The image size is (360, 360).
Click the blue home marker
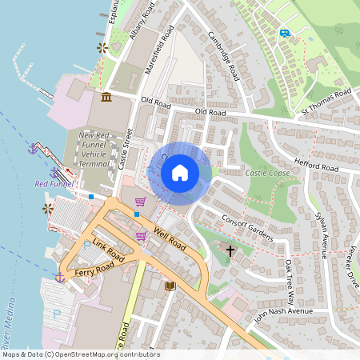[180, 173]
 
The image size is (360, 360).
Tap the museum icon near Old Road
[106, 98]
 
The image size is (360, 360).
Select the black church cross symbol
[230, 251]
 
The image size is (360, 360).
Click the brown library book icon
[169, 286]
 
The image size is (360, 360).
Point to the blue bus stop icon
[284, 33]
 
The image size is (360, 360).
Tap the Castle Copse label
[266, 173]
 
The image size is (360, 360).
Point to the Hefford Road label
[316, 164]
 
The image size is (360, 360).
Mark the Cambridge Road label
[224, 56]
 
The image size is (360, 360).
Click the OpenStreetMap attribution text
[80, 354]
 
